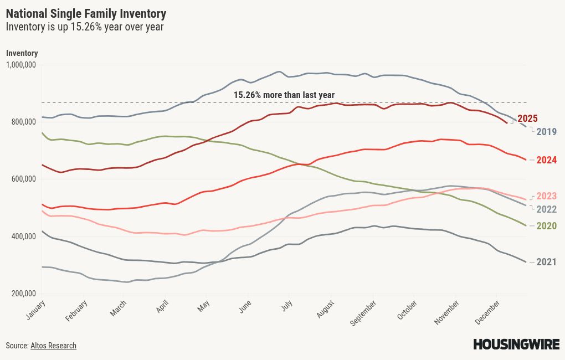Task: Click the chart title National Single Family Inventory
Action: pyautogui.click(x=86, y=13)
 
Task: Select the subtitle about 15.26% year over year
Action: pyautogui.click(x=85, y=27)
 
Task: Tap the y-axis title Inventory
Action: pyautogui.click(x=22, y=53)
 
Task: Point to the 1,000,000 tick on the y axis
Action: pyautogui.click(x=20, y=65)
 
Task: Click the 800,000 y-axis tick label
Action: pyautogui.click(x=23, y=122)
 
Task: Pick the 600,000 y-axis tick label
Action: pyautogui.click(x=23, y=179)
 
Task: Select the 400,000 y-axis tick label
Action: pyautogui.click(x=23, y=236)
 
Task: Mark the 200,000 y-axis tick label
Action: pyautogui.click(x=23, y=294)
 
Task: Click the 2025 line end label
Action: pyautogui.click(x=527, y=119)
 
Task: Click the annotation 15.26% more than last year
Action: pyautogui.click(x=284, y=95)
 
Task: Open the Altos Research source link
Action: pyautogui.click(x=53, y=346)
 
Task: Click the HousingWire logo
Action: pyautogui.click(x=516, y=344)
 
